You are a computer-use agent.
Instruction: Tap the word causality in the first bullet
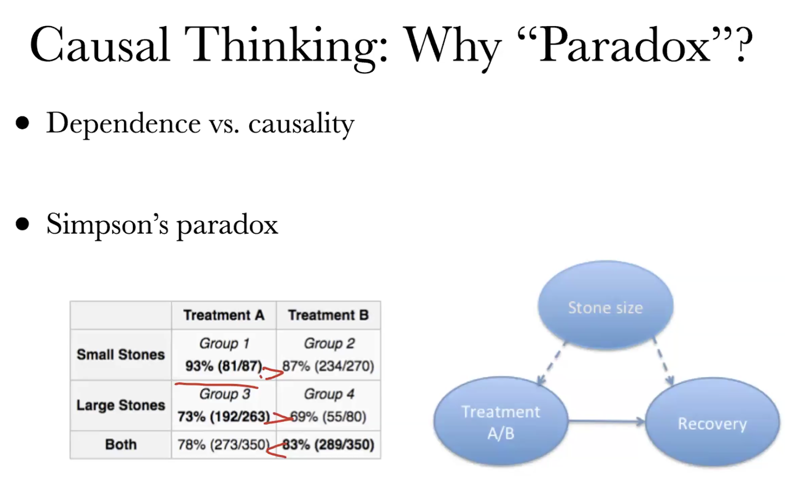(301, 123)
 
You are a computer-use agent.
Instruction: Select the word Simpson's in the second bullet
(107, 224)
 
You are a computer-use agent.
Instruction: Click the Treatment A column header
(224, 315)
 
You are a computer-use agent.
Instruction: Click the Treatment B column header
(328, 315)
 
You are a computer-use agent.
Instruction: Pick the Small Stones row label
(121, 354)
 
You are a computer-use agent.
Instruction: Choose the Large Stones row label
(121, 405)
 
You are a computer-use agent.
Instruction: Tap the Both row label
(121, 445)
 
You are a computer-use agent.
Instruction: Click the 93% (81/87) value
(224, 366)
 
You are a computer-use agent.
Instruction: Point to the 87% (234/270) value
(328, 366)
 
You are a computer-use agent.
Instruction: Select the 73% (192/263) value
(224, 417)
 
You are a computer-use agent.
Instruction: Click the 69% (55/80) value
(328, 417)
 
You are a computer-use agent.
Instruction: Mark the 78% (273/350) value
(224, 445)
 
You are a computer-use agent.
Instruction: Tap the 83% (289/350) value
(328, 445)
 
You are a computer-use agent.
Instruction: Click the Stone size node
(605, 307)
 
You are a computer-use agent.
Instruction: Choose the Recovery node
(712, 423)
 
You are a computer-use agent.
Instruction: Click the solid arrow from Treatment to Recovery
(606, 421)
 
